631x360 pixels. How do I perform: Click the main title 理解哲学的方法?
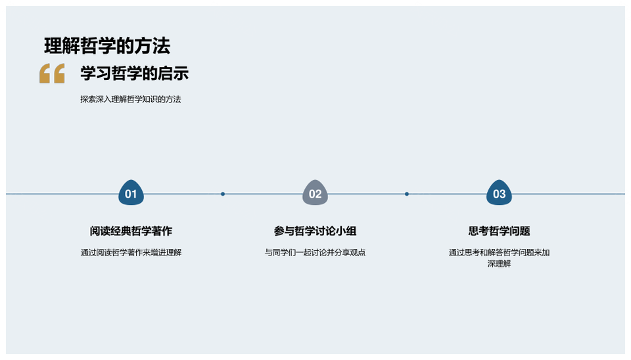[107, 46]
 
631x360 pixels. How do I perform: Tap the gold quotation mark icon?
[52, 73]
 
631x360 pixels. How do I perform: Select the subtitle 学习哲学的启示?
[134, 74]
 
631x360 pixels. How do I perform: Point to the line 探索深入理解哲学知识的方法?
[130, 99]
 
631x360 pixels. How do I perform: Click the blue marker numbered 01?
[131, 192]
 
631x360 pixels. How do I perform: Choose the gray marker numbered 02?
[315, 192]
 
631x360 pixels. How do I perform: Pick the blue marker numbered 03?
[499, 192]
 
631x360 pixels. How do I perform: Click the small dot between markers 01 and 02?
[223, 194]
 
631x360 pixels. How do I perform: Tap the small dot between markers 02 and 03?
[407, 194]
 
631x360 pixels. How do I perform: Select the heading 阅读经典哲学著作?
[131, 231]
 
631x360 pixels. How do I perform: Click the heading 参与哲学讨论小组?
[315, 231]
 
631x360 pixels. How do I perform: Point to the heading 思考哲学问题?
[499, 231]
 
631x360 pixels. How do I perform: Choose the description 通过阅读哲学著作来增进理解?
[131, 253]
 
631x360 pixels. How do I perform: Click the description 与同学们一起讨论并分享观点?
[315, 253]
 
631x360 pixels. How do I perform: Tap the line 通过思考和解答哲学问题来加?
[499, 253]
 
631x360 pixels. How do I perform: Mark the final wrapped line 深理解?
[499, 264]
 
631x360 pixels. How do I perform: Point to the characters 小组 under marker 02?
[346, 231]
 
